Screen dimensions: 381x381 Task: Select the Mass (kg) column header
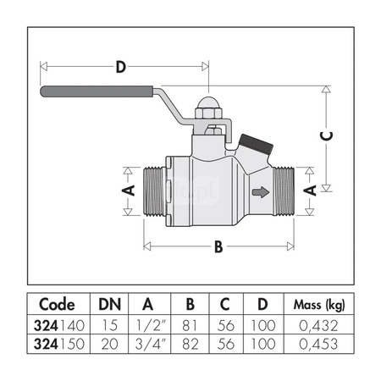pos(317,304)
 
